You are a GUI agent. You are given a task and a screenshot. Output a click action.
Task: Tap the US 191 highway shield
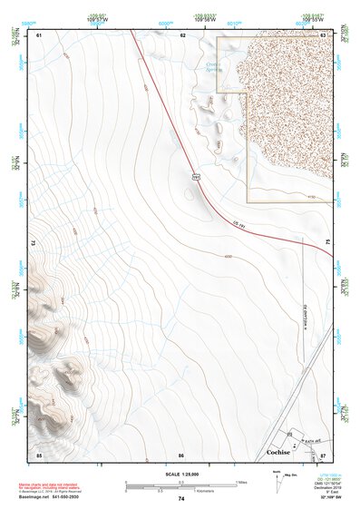(x=195, y=178)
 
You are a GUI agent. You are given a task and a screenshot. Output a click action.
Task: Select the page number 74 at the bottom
(x=180, y=498)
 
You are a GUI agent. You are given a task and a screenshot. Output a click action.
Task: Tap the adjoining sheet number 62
(x=182, y=35)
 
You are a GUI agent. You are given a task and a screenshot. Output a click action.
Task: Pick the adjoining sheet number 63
(x=324, y=35)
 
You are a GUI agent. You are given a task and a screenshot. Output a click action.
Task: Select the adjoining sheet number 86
(x=181, y=454)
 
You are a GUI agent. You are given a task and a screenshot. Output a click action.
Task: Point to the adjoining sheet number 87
(x=323, y=454)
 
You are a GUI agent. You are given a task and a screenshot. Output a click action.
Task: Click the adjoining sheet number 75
(x=329, y=243)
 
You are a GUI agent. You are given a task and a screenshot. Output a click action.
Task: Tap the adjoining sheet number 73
(x=34, y=243)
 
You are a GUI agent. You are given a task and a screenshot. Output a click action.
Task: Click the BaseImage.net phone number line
(x=50, y=498)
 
